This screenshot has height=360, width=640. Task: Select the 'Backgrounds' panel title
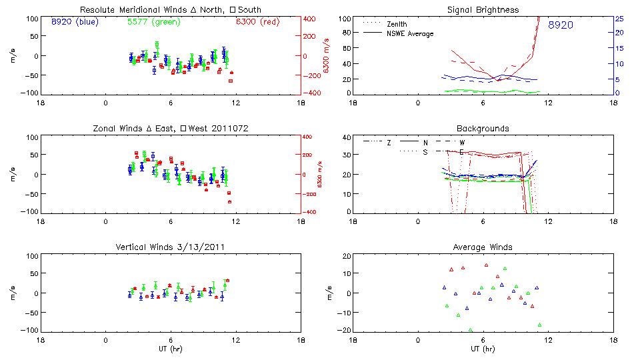(483, 128)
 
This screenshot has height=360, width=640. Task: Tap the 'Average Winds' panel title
(483, 247)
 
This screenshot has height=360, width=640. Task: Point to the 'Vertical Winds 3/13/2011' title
(171, 247)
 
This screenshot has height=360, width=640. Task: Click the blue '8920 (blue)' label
(73, 22)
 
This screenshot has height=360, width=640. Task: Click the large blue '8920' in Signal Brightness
(561, 25)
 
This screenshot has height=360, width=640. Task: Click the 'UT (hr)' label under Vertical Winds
(171, 349)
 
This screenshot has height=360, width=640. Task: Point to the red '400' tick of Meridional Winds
(311, 19)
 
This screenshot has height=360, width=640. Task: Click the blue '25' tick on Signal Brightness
(619, 19)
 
